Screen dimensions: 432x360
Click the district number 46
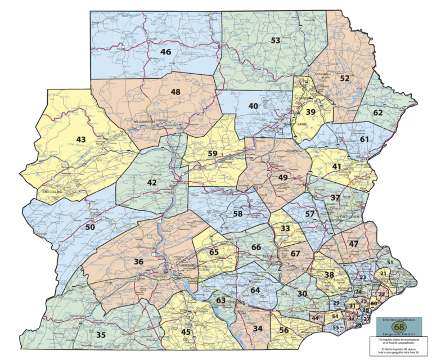(x=165, y=52)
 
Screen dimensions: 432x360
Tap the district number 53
(x=275, y=40)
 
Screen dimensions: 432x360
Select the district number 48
(x=175, y=92)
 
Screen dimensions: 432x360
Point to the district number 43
(x=81, y=139)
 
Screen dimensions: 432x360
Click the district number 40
(x=253, y=106)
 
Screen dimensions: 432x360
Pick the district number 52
(x=344, y=79)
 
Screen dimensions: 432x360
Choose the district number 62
(x=377, y=112)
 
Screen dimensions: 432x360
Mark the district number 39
(x=310, y=112)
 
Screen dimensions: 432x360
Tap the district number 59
(x=212, y=154)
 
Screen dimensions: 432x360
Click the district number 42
(x=152, y=183)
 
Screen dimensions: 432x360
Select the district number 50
(x=90, y=227)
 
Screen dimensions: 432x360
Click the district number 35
(x=101, y=335)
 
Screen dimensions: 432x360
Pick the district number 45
(x=186, y=332)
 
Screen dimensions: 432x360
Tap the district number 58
(x=238, y=214)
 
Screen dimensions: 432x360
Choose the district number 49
(x=283, y=178)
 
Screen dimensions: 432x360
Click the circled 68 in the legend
(x=399, y=326)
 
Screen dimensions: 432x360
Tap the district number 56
(x=284, y=330)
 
